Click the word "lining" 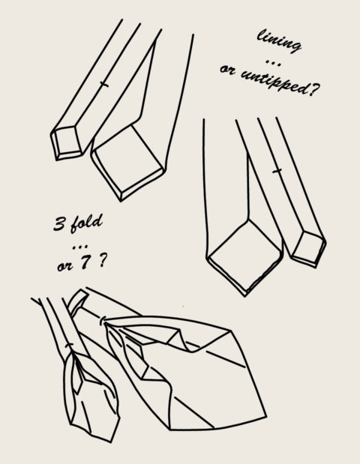click(278, 40)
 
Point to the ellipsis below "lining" click(273, 62)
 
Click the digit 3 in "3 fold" click(59, 223)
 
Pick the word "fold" click(86, 223)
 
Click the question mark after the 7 click(102, 261)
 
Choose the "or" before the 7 click(64, 267)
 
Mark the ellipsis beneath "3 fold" click(80, 246)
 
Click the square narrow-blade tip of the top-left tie click(66, 143)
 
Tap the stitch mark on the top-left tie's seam click(103, 85)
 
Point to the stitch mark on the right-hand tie click(277, 171)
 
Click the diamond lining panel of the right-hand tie click(244, 255)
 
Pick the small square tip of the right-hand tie click(308, 249)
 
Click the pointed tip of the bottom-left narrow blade click(111, 443)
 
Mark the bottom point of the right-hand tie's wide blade click(245, 296)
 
